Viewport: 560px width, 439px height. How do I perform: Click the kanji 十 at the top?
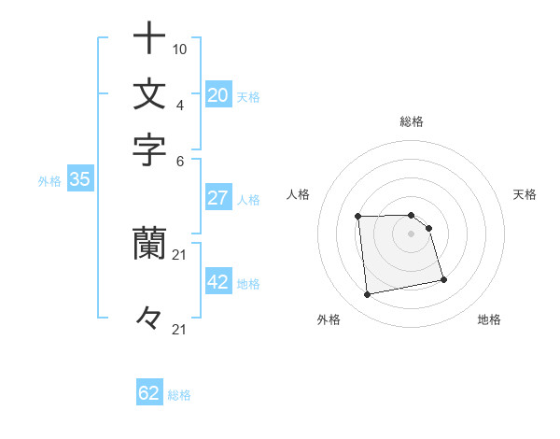(x=149, y=39)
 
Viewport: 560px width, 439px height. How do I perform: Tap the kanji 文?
(x=149, y=94)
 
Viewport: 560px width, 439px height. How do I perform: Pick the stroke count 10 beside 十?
(x=180, y=49)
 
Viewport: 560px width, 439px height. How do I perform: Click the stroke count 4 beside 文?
(x=180, y=104)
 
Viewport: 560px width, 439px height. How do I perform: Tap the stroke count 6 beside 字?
(x=180, y=159)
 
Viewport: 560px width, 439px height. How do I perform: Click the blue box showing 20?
(x=218, y=95)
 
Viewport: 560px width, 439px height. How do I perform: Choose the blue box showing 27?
(x=218, y=198)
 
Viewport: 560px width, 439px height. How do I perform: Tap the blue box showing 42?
(x=218, y=282)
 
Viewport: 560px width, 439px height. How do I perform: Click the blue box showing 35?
(x=79, y=180)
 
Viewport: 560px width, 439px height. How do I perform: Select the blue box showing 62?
(x=149, y=393)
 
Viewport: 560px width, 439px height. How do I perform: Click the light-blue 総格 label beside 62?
(x=180, y=395)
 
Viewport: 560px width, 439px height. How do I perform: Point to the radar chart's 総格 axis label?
(x=412, y=121)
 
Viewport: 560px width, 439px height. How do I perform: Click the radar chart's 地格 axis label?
(x=489, y=319)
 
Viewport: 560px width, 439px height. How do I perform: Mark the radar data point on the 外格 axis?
(x=368, y=295)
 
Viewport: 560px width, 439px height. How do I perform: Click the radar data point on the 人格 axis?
(x=357, y=217)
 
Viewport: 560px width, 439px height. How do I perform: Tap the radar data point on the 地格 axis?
(x=443, y=279)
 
